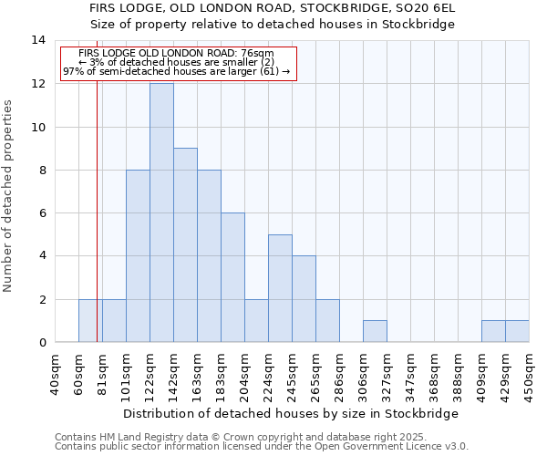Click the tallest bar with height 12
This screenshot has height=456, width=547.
click(161, 212)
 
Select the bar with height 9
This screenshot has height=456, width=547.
click(185, 245)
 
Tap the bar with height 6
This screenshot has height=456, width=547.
click(232, 277)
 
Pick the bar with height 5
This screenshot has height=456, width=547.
click(280, 288)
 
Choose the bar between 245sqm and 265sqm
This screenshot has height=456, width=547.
click(304, 299)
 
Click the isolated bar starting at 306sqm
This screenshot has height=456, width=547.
click(375, 331)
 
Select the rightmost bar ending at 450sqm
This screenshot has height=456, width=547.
click(517, 331)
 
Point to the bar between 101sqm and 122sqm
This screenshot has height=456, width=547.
click(138, 256)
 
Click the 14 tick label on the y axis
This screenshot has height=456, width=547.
click(38, 40)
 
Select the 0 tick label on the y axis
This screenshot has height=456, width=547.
click(42, 342)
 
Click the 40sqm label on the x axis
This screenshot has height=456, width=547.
click(56, 374)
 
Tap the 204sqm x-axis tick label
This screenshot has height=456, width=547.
click(245, 374)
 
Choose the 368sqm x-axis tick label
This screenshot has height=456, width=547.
click(435, 374)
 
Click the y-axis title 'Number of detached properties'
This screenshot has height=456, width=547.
click(8, 196)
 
